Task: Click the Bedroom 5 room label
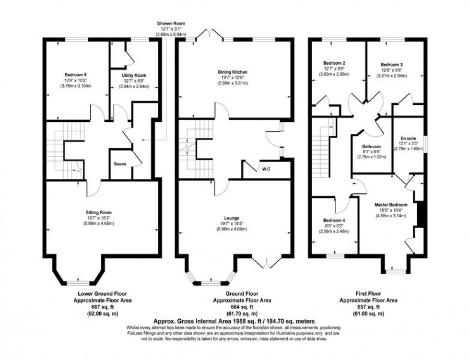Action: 75,75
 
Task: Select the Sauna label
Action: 120,164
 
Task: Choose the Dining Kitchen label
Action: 234,72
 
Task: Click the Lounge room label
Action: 234,218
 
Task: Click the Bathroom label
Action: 372,147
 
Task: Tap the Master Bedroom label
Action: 391,204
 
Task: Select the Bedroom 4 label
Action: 334,220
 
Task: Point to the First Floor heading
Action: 368,294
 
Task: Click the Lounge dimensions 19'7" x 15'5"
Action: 234,223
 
